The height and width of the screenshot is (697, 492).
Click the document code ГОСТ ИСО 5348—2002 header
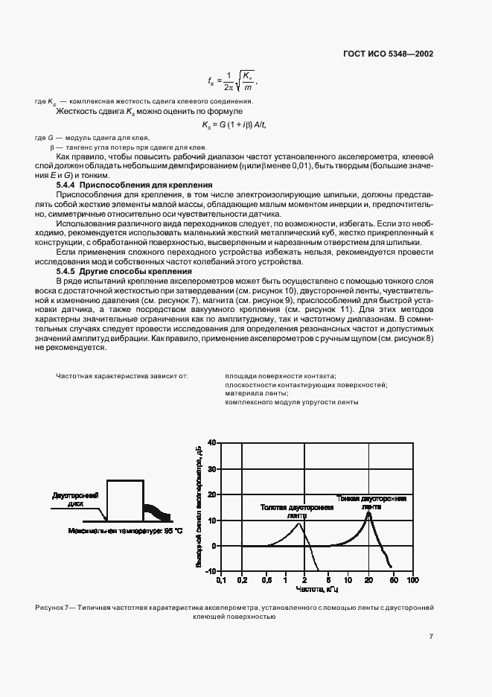click(388, 54)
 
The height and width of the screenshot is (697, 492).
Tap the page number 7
click(431, 636)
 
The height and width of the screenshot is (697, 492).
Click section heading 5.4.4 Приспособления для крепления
click(135, 184)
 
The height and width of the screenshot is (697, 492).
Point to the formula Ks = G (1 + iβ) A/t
click(234, 124)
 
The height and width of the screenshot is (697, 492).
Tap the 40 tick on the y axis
click(211, 443)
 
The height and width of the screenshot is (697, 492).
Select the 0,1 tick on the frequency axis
click(220, 579)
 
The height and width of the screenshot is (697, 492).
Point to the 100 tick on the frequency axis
click(412, 579)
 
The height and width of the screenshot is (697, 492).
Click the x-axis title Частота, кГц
click(317, 588)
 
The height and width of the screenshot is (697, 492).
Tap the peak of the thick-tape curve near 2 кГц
click(299, 523)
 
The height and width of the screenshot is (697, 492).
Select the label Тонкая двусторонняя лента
click(371, 502)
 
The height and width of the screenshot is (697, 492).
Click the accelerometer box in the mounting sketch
click(125, 500)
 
